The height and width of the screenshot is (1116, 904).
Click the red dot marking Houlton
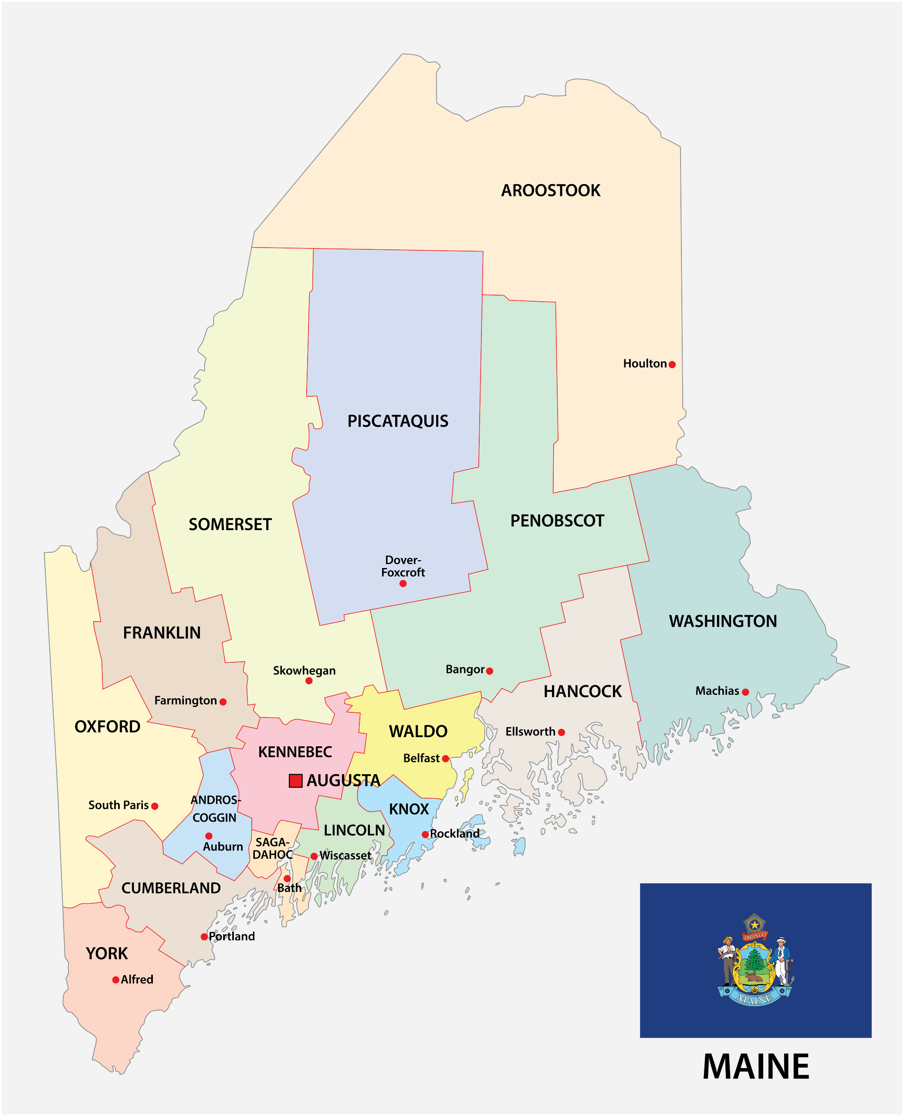pyautogui.click(x=672, y=365)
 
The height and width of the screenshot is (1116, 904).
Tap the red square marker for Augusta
pyautogui.click(x=295, y=780)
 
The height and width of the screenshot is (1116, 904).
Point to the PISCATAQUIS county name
pyautogui.click(x=397, y=421)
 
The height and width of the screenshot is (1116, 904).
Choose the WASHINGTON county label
pyautogui.click(x=722, y=621)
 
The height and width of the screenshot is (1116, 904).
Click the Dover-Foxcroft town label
pyautogui.click(x=403, y=566)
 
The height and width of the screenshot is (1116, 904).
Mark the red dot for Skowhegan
pyautogui.click(x=309, y=680)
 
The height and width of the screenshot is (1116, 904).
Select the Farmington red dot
pyautogui.click(x=223, y=702)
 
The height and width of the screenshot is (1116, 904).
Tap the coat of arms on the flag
pyautogui.click(x=755, y=959)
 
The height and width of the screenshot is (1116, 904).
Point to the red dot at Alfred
pyautogui.click(x=115, y=980)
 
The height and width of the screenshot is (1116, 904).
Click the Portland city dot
pyautogui.click(x=204, y=936)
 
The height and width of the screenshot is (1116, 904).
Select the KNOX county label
pyautogui.click(x=409, y=809)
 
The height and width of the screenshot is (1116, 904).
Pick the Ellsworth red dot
pyautogui.click(x=562, y=732)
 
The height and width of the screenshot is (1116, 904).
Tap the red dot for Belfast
pyautogui.click(x=445, y=759)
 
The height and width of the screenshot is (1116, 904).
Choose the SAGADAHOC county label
pyautogui.click(x=272, y=848)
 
